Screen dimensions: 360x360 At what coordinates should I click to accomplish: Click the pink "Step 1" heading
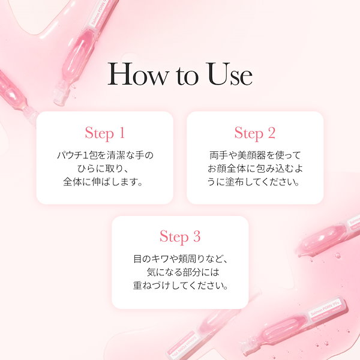(x=104, y=133)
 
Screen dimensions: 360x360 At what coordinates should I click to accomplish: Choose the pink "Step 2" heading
(x=254, y=133)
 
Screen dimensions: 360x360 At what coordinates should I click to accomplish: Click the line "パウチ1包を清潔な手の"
(x=104, y=155)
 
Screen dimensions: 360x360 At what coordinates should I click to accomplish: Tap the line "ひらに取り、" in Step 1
(x=104, y=169)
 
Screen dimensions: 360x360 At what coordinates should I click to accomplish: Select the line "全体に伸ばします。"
(x=104, y=182)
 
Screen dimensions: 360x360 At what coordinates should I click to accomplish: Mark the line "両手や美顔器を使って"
(x=254, y=155)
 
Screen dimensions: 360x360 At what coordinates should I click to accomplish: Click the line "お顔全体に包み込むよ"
(x=254, y=169)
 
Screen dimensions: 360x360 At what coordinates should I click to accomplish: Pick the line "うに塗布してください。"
(x=254, y=182)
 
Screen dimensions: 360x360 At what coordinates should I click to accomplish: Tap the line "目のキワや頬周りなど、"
(x=180, y=260)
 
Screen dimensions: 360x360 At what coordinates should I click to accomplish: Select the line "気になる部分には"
(x=180, y=273)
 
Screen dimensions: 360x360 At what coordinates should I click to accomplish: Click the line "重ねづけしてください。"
(x=180, y=286)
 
